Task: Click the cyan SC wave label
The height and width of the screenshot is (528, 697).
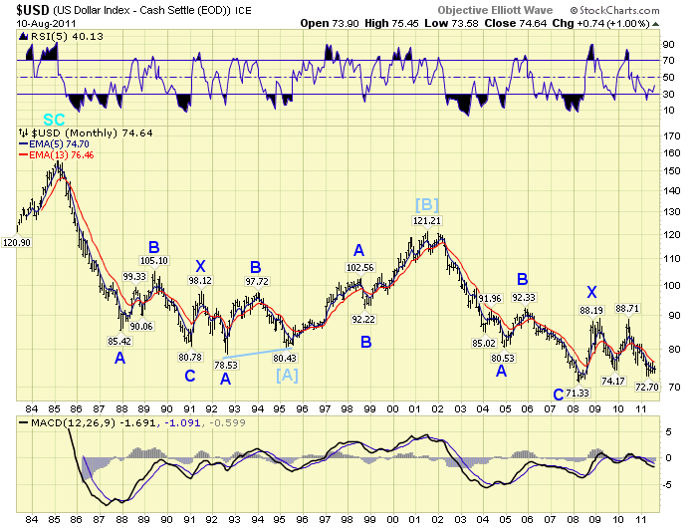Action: click(x=54, y=120)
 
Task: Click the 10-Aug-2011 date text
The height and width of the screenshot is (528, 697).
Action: click(x=38, y=21)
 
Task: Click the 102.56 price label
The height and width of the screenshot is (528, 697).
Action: click(x=359, y=267)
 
